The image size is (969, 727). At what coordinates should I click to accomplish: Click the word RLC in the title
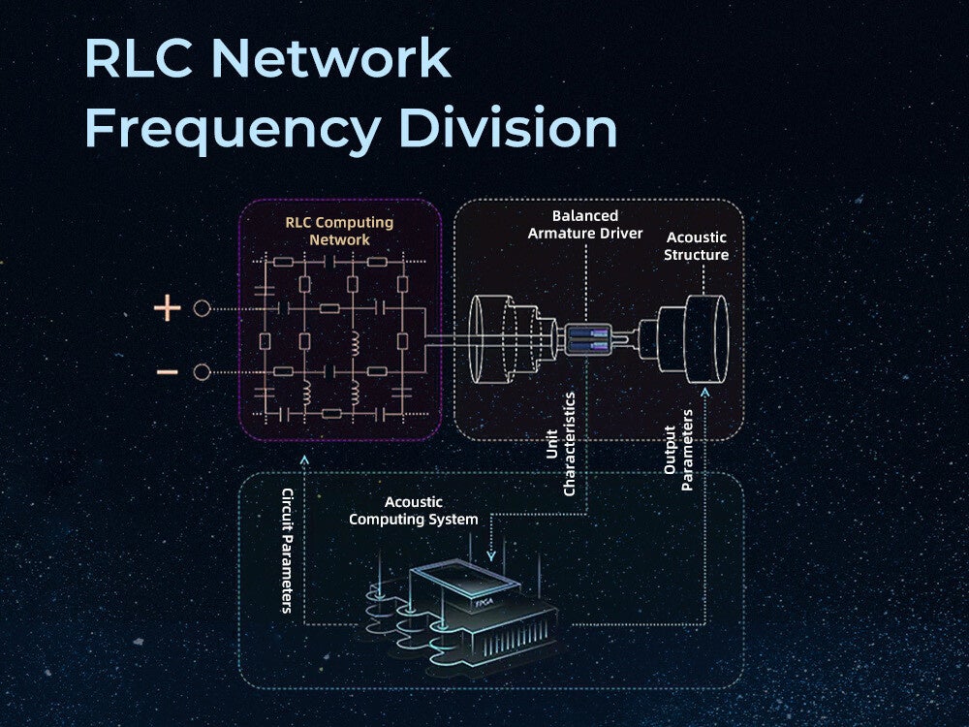click(139, 59)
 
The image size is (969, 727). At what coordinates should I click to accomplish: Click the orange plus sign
click(168, 309)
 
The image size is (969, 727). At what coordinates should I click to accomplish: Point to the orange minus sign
click(167, 372)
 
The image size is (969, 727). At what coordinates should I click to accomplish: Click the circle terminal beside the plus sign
click(202, 309)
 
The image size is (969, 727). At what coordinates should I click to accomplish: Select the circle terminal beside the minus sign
click(202, 372)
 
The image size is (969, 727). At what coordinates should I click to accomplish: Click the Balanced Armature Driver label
click(585, 224)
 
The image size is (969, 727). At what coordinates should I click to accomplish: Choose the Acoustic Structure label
click(697, 246)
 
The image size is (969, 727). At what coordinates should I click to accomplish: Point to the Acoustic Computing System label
click(414, 511)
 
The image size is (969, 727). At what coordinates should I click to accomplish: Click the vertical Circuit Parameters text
click(287, 551)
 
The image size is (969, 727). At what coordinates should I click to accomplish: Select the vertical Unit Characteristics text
click(561, 444)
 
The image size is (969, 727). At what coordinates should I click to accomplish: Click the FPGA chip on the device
click(482, 602)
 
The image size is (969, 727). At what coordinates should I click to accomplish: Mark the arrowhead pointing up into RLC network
click(304, 458)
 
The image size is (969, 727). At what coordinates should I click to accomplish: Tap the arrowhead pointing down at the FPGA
click(490, 556)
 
